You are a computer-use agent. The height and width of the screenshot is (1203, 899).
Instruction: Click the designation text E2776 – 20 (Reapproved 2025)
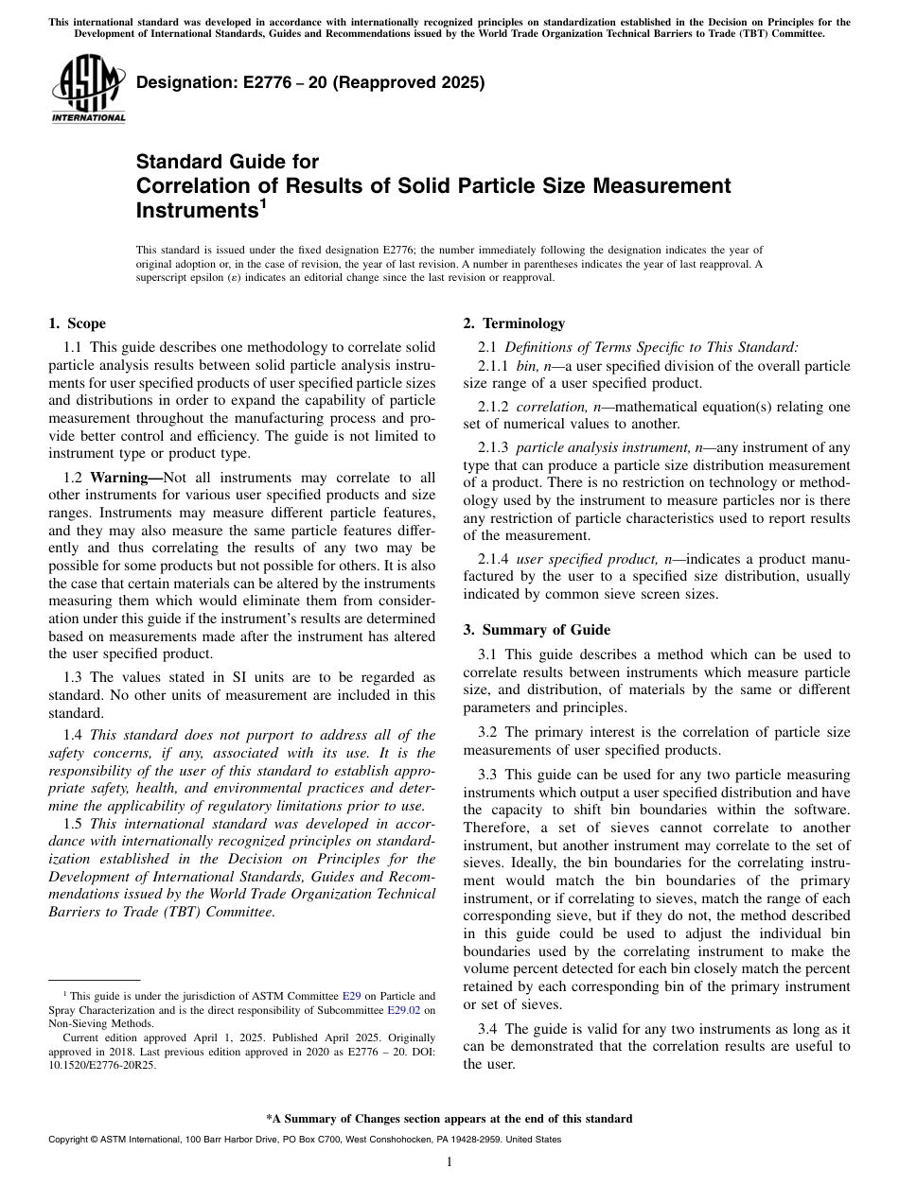[310, 82]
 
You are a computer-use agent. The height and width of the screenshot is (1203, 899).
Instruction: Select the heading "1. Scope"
[77, 323]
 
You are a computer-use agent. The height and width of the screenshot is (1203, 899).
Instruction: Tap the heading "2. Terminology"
[514, 323]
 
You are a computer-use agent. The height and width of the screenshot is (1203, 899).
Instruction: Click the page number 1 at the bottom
[449, 1162]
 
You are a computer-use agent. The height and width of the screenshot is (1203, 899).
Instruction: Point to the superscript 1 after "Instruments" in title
[263, 202]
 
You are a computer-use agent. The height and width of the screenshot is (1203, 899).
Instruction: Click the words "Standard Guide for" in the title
[227, 162]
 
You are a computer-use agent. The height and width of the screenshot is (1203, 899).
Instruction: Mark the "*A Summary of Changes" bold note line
[449, 1119]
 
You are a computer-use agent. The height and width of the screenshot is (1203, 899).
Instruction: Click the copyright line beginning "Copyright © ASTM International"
[304, 1140]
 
